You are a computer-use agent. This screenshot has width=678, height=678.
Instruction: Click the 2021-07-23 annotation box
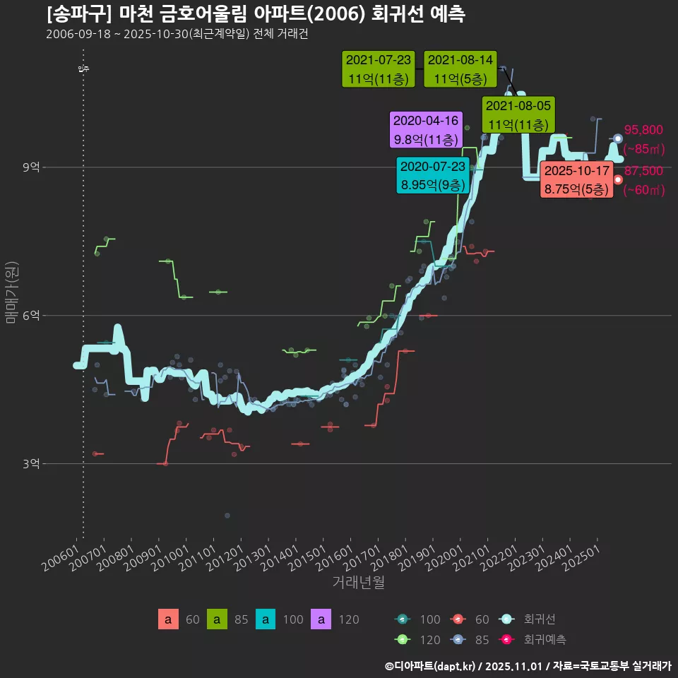(378, 69)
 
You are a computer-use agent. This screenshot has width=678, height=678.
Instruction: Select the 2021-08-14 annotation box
(460, 69)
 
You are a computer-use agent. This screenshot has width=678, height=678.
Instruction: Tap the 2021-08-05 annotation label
(519, 115)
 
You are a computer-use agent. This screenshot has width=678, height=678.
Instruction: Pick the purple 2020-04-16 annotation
(426, 130)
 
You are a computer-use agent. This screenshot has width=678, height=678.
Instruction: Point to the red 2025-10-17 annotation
(576, 180)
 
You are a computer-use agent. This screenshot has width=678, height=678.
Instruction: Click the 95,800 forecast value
(643, 130)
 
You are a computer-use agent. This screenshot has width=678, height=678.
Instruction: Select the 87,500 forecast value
(643, 170)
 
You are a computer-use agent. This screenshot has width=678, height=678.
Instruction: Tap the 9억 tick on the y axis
(32, 167)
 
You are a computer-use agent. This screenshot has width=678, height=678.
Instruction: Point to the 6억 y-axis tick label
(32, 315)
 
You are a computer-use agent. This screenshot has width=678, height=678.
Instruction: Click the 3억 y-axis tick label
(32, 463)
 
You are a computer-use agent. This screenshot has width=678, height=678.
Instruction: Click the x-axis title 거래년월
(358, 583)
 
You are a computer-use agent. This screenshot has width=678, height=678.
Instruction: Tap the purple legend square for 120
(321, 620)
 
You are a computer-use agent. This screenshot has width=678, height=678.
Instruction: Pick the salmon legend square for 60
(167, 620)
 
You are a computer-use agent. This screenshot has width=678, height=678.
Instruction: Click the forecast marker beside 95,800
(618, 139)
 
